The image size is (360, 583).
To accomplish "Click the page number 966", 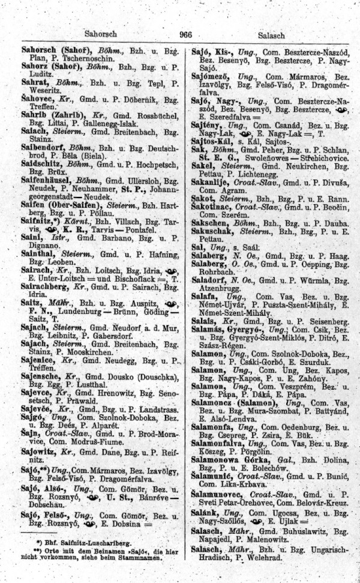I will (185, 35).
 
